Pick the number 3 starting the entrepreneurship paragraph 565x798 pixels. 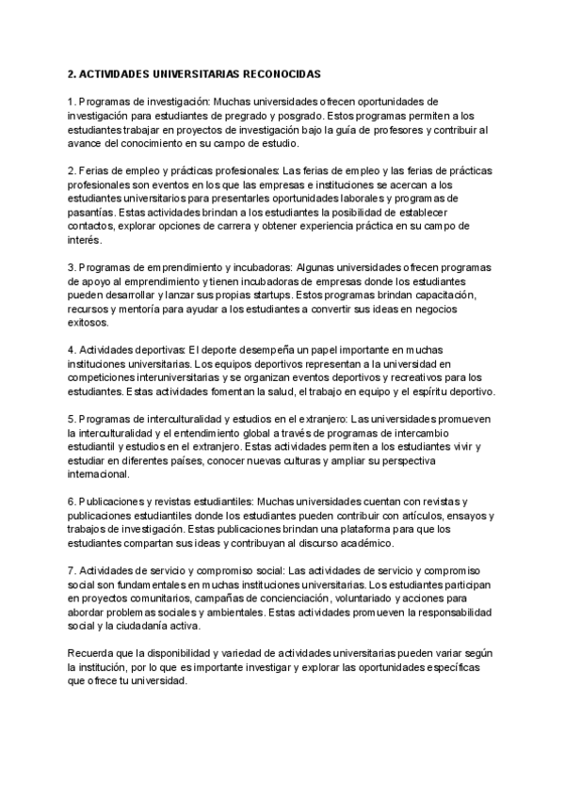71,267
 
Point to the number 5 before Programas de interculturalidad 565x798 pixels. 71,419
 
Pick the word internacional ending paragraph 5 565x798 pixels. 99,475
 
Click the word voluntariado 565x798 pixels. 359,598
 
